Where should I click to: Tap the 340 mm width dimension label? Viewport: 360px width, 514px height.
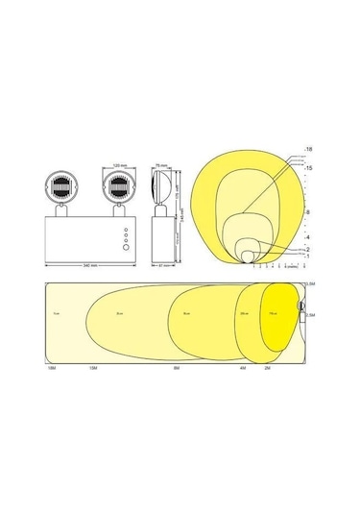(92, 262)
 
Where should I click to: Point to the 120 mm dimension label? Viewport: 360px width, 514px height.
(121, 163)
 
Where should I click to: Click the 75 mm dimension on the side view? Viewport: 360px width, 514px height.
(162, 163)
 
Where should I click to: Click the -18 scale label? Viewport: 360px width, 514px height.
(306, 148)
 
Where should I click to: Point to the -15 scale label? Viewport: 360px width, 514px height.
(306, 169)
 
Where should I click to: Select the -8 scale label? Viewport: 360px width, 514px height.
(306, 211)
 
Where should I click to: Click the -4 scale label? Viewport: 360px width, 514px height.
(306, 235)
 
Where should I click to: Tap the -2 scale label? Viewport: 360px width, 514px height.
(306, 248)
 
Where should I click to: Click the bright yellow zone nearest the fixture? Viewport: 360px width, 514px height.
(278, 317)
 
